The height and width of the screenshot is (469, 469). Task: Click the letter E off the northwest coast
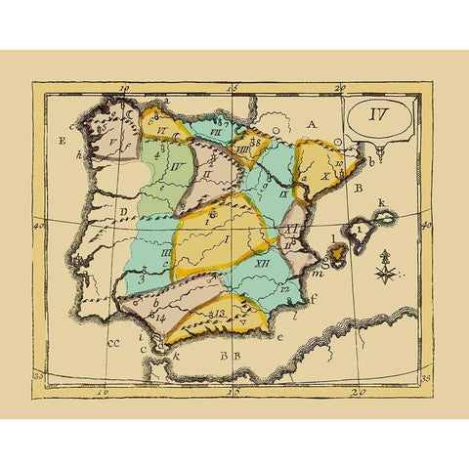(x=62, y=140)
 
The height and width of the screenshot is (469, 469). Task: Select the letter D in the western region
(x=123, y=209)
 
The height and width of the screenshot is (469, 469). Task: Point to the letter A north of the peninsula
(x=313, y=124)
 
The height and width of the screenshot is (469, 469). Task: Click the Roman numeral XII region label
(x=262, y=264)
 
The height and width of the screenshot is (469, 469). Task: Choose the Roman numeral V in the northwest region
(x=114, y=148)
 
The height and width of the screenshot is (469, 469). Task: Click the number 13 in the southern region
(x=221, y=313)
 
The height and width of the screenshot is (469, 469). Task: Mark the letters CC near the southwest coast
(x=113, y=342)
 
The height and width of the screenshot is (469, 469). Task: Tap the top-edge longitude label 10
(x=124, y=88)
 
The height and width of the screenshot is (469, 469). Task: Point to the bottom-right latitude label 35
(x=424, y=377)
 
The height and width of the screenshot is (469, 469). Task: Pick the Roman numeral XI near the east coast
(x=290, y=228)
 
